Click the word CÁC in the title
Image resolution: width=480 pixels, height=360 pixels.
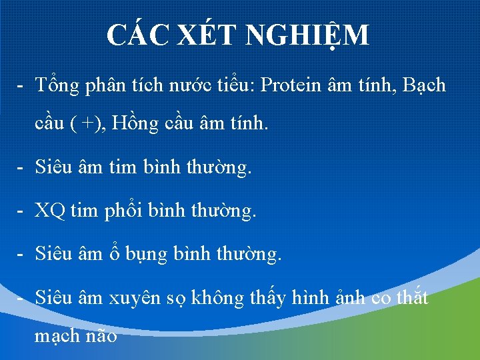pyautogui.click(x=137, y=35)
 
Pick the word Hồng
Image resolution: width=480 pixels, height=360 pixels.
pyautogui.click(x=134, y=125)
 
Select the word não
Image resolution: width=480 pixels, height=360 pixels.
pyautogui.click(x=102, y=336)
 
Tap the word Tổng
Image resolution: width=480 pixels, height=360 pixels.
pyautogui.click(x=58, y=86)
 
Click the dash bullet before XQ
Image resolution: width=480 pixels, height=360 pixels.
pyautogui.click(x=22, y=211)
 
